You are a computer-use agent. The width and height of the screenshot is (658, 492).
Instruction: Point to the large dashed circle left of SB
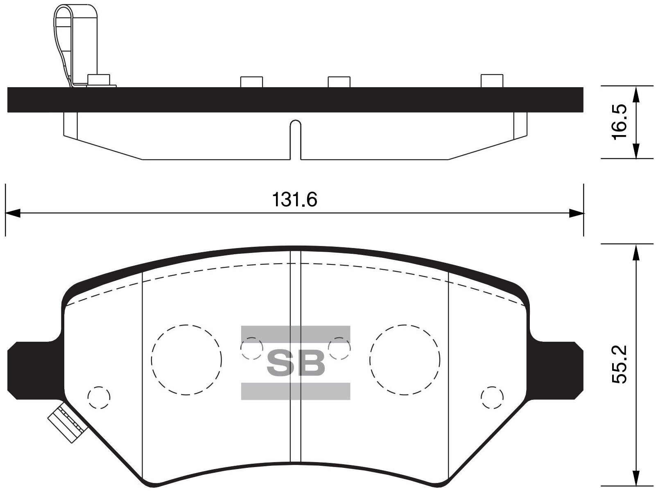(x=186, y=360)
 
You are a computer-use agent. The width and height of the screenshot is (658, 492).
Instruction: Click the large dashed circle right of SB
(x=405, y=360)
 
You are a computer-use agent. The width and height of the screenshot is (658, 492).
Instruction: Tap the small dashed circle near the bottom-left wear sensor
(x=99, y=397)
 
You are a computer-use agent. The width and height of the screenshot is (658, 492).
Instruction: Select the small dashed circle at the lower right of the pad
(x=492, y=397)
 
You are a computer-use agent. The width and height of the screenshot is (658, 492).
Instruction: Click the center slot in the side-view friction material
(x=295, y=139)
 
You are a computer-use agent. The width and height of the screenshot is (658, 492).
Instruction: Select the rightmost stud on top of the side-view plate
(x=491, y=81)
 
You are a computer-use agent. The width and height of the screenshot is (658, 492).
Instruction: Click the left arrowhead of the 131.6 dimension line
(x=12, y=213)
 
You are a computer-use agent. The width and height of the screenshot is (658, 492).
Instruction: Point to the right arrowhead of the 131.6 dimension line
(x=577, y=213)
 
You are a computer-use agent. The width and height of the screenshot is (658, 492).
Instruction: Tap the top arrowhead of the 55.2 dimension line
(x=635, y=252)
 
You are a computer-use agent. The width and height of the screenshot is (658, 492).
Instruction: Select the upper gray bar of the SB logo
(x=296, y=334)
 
